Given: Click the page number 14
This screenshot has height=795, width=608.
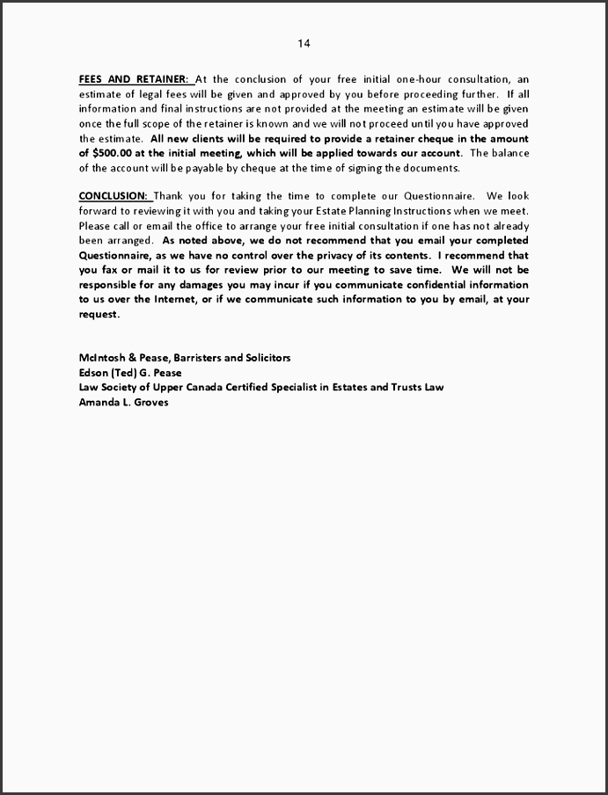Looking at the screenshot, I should tap(304, 43).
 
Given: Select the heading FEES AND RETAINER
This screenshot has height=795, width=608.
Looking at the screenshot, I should tap(134, 78).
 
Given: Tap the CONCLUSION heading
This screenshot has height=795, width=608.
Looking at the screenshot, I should tap(114, 195).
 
